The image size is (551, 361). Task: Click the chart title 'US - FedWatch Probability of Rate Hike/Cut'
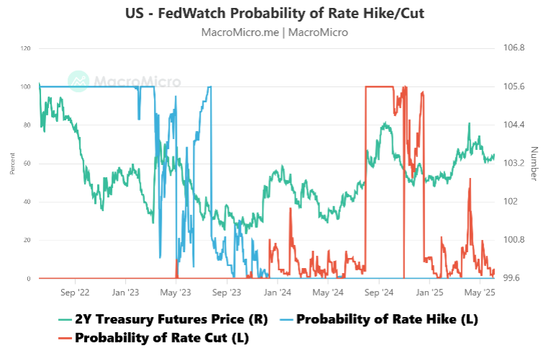(275, 14)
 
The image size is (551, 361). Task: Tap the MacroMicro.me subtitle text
(275, 32)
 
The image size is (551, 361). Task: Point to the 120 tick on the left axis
(26, 48)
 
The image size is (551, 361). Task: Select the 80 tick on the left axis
(27, 125)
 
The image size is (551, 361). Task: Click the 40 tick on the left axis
(27, 202)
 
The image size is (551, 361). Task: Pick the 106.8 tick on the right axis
(514, 48)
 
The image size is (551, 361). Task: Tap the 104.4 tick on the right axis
(514, 125)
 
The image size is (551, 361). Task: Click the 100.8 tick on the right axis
(514, 240)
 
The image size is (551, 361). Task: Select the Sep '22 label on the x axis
(74, 293)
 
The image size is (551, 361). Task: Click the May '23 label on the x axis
(176, 293)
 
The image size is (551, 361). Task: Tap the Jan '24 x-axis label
(277, 293)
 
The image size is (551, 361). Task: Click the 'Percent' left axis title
(12, 164)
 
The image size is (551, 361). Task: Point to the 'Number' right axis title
(534, 164)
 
